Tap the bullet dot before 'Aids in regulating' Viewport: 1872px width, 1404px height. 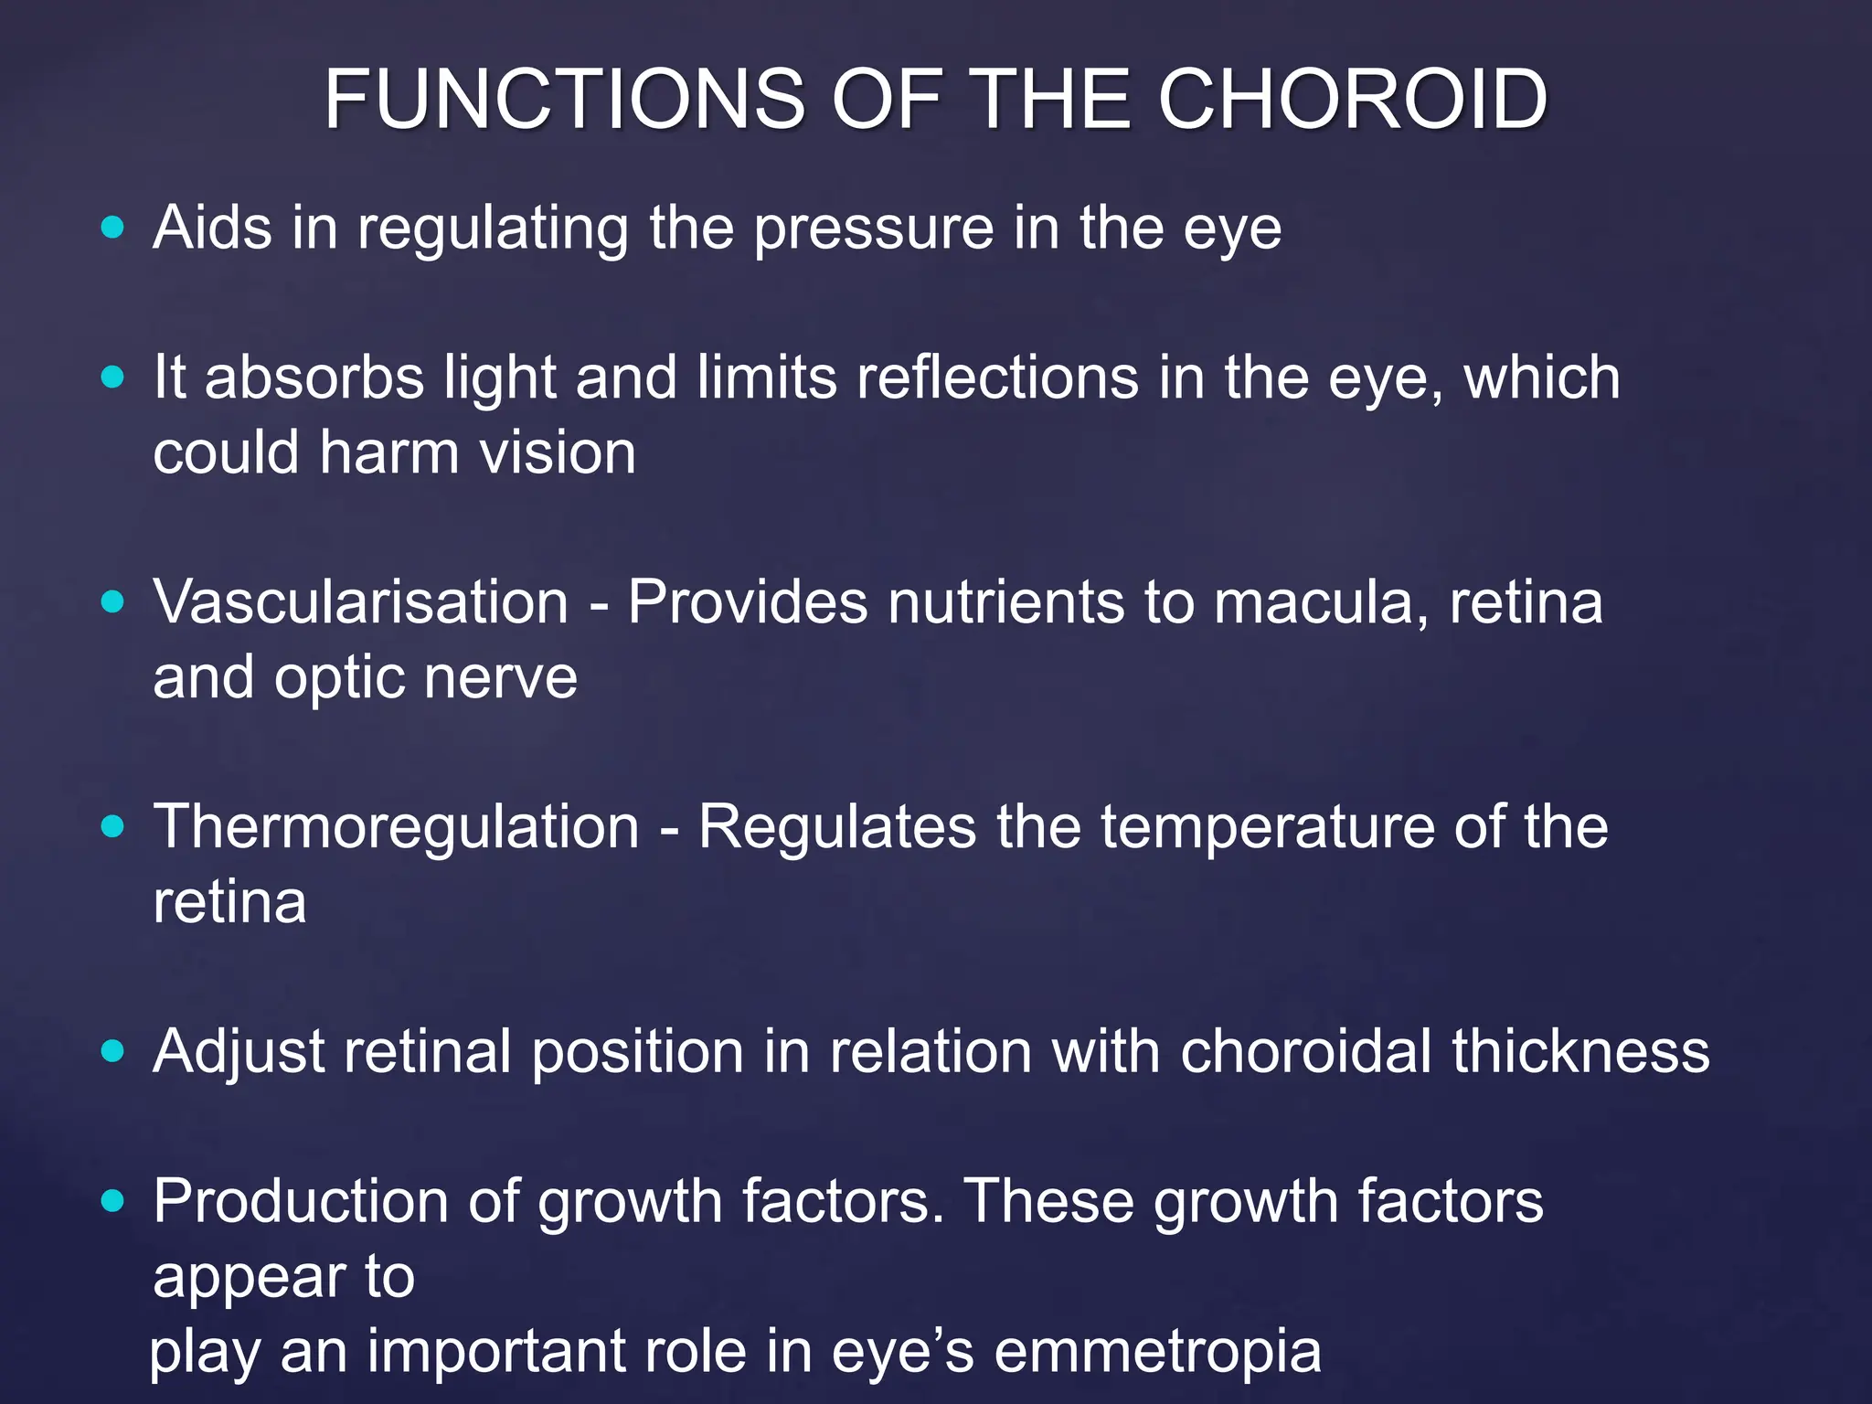click(x=112, y=227)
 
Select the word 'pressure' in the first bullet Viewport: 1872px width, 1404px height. click(x=873, y=229)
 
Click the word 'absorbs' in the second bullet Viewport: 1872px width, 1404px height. click(x=314, y=378)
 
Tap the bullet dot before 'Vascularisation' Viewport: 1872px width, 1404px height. click(x=112, y=601)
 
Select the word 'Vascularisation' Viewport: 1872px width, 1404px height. click(x=361, y=602)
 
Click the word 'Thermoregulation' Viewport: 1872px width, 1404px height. click(x=396, y=828)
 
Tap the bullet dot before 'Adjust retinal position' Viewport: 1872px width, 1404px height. click(x=112, y=1051)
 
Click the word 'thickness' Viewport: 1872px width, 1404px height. click(x=1580, y=1051)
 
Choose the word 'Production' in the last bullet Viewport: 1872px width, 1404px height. click(x=301, y=1201)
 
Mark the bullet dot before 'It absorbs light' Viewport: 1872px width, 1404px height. click(x=112, y=377)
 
